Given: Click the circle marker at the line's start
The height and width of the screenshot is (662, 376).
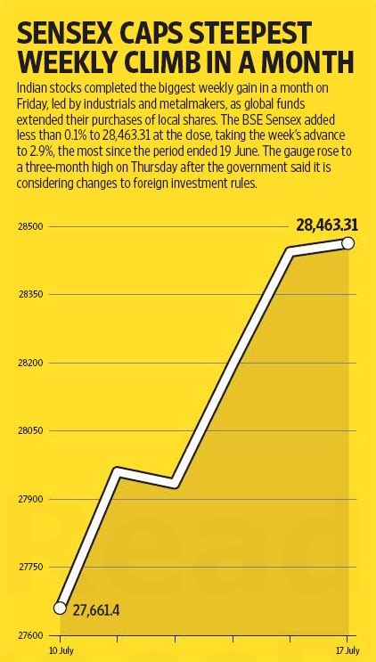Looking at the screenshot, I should click(61, 608).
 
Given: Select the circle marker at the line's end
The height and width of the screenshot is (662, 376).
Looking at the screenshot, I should click(347, 243).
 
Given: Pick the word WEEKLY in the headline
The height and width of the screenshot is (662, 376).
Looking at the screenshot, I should click(77, 65).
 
